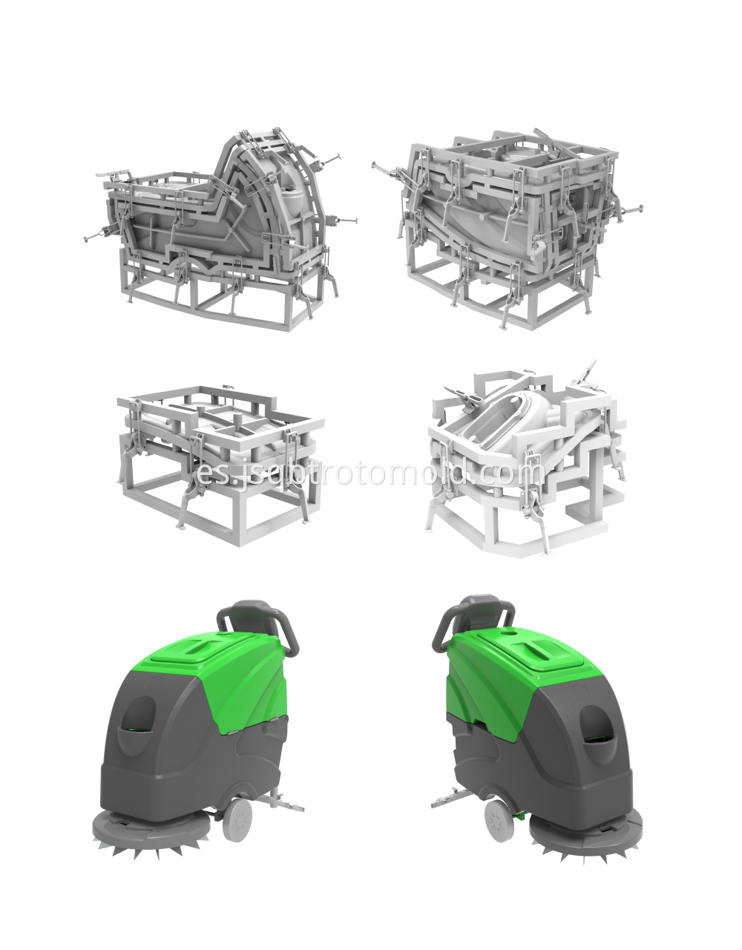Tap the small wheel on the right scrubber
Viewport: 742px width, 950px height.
click(499, 820)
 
